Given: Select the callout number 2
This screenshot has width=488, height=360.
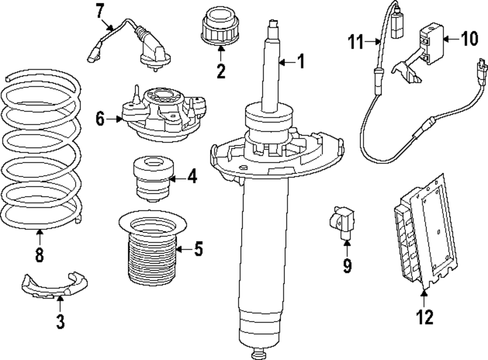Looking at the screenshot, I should tap(221, 71).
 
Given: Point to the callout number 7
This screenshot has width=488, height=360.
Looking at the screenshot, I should tap(100, 9).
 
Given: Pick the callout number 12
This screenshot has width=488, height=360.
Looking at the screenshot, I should tap(424, 318).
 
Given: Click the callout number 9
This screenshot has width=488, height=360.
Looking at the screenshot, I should tap(347, 265).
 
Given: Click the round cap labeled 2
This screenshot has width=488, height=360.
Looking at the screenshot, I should tap(220, 26).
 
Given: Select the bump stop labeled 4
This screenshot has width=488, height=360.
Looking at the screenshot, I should tap(154, 180).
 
